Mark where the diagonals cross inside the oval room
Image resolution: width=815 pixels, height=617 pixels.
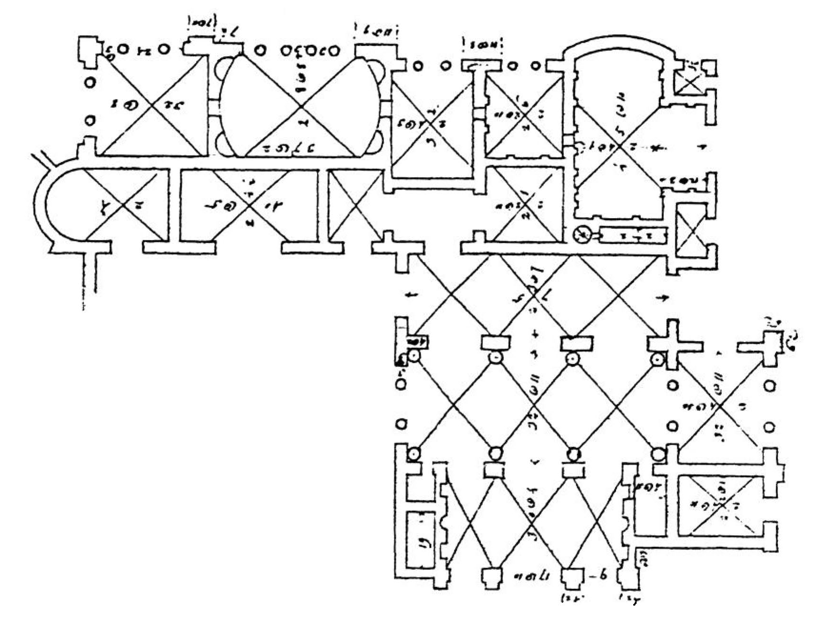tap(300, 107)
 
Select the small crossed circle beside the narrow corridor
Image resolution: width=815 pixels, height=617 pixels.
tap(581, 235)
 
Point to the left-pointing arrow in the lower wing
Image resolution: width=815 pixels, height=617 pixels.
tap(412, 296)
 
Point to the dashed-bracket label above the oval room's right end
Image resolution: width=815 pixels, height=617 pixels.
tap(376, 32)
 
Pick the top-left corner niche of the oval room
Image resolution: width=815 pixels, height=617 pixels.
tap(224, 70)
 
